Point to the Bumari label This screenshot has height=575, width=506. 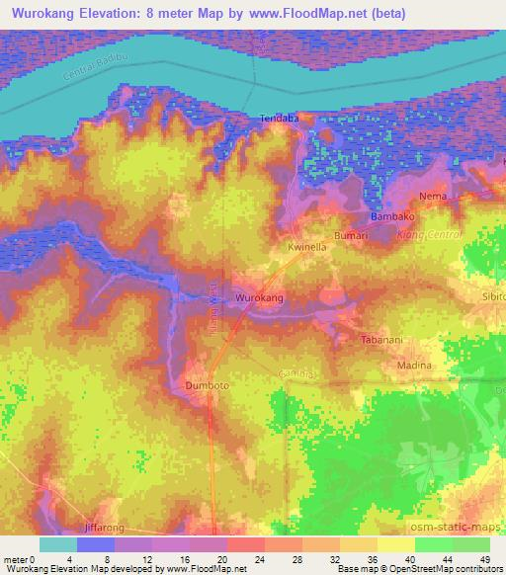click(x=350, y=235)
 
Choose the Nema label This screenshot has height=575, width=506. click(x=434, y=196)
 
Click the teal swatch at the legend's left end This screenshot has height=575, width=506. click(x=58, y=544)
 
